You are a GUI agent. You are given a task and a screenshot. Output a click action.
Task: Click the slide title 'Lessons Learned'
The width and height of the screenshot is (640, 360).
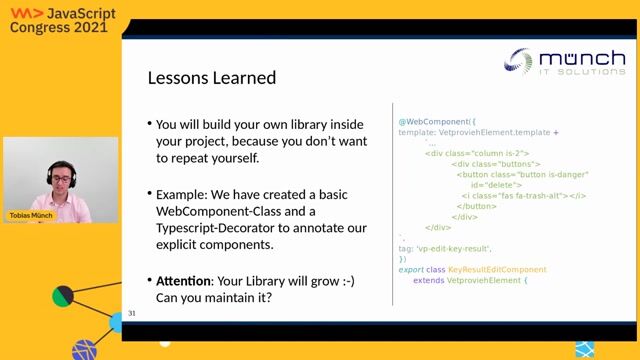pos(212,77)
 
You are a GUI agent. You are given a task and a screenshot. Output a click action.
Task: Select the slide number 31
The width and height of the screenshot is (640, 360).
pos(132,314)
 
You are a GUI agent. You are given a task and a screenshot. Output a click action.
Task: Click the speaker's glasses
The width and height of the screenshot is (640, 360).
pos(61,179)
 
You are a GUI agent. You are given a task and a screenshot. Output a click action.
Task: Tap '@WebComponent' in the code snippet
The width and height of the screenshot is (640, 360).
pos(435,121)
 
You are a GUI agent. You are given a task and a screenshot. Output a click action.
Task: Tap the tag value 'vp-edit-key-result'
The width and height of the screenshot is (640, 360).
pos(454,248)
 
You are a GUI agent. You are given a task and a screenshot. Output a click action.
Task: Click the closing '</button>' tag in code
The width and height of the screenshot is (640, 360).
pos(479,206)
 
